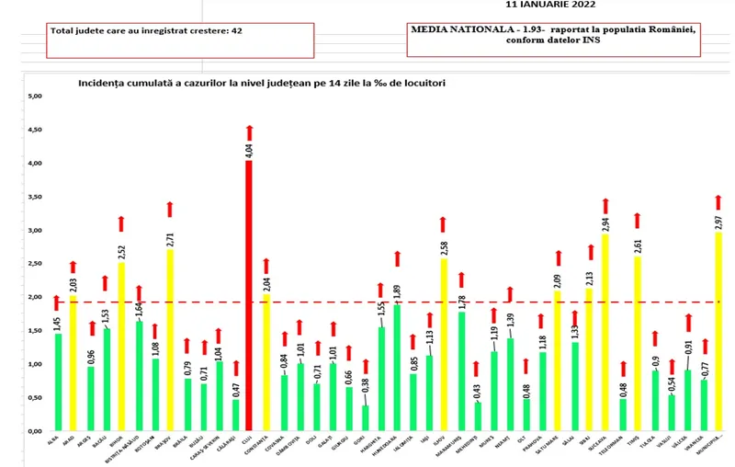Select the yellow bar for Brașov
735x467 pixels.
coord(168,340)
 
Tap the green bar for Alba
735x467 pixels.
coord(58,382)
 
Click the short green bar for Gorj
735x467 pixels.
coord(366,417)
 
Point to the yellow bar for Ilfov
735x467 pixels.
coord(444,345)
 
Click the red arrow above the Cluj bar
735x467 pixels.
coord(248,131)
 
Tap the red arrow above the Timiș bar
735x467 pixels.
coord(637,220)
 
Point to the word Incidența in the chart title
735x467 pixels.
coord(104,83)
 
